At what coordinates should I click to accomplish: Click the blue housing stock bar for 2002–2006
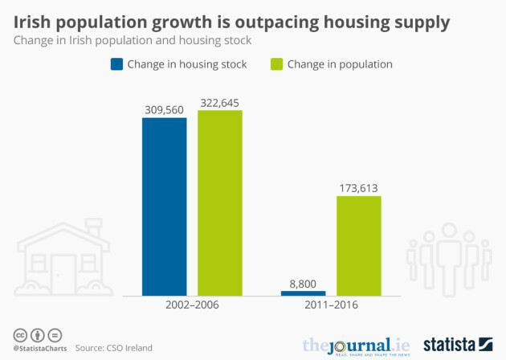click(x=164, y=207)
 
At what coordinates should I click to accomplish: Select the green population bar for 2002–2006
click(x=219, y=202)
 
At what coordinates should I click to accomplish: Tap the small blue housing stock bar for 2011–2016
click(x=303, y=292)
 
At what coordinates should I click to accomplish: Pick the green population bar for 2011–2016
click(x=358, y=245)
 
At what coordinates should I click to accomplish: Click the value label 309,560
click(x=164, y=108)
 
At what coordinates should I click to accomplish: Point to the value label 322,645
click(x=219, y=102)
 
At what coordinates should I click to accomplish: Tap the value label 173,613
click(x=358, y=188)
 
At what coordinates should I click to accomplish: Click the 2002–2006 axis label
click(x=191, y=306)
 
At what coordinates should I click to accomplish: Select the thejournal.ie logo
click(x=355, y=345)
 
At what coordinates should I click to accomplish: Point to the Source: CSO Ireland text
click(x=113, y=348)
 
